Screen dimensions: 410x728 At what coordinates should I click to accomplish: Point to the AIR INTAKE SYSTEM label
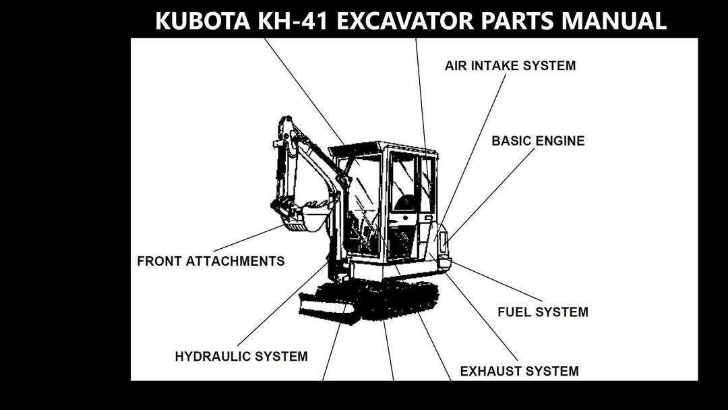510,66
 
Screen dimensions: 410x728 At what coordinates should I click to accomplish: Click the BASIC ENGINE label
538,141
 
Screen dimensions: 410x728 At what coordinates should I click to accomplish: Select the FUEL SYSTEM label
543,312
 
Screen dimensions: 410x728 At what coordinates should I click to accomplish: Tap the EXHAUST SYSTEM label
519,371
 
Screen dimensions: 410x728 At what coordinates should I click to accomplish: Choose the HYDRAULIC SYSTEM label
241,356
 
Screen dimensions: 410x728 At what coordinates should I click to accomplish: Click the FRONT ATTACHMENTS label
210,261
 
